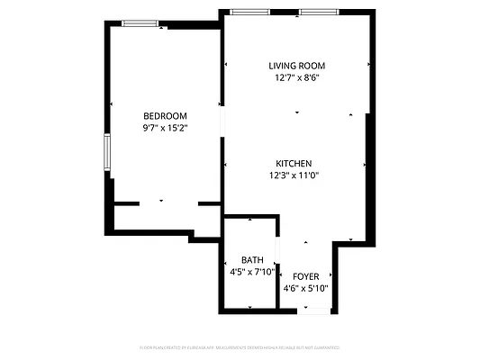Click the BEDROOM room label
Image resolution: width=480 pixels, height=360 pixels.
pos(165,115)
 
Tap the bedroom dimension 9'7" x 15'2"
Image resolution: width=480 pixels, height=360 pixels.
pos(165,128)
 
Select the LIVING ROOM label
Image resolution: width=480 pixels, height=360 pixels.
pos(296,66)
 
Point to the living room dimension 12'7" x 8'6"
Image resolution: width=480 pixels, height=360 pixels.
pos(296,78)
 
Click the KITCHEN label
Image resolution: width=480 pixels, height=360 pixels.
pos(294,163)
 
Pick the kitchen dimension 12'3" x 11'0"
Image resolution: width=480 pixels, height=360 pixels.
pos(294,175)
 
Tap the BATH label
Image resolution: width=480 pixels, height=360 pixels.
pos(251,260)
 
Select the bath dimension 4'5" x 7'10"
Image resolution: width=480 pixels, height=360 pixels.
pos(251,272)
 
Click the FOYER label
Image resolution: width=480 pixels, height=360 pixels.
pos(305,276)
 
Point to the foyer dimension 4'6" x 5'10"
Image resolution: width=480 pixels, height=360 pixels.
pos(305,289)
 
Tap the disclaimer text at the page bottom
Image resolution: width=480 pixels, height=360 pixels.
pos(240,346)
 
